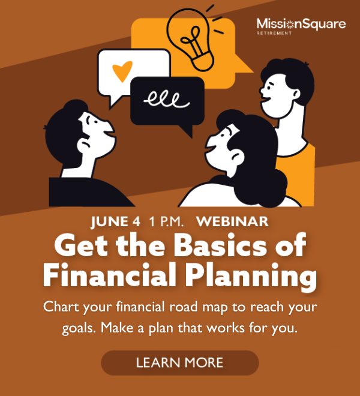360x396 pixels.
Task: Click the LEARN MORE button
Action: click(x=179, y=362)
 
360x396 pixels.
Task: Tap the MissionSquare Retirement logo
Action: click(x=301, y=26)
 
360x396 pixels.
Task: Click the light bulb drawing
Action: click(x=192, y=37)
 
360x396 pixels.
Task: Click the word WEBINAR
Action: click(x=232, y=221)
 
